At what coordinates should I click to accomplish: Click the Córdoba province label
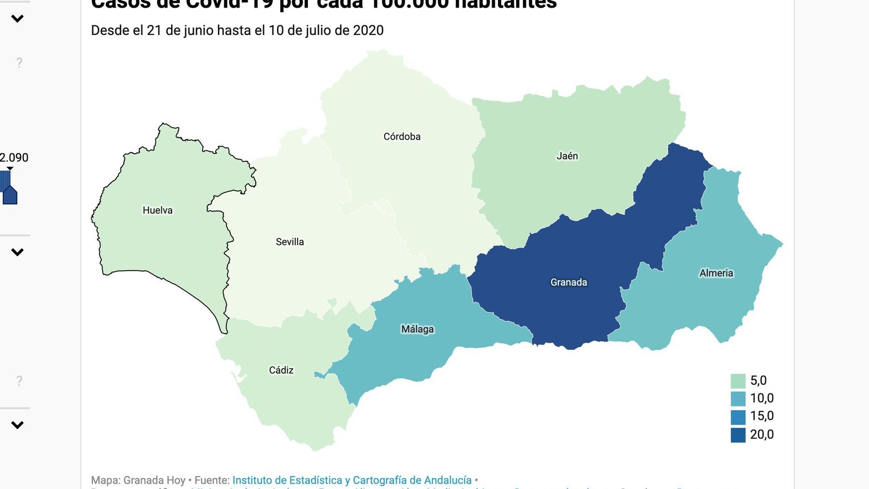402,136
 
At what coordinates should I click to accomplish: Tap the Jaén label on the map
567,156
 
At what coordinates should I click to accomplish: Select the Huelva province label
158,210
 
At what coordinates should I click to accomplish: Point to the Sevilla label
289,242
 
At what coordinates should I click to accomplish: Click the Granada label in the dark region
569,282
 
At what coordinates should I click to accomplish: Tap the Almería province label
716,273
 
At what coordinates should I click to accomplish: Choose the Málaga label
417,329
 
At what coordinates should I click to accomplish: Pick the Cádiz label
281,370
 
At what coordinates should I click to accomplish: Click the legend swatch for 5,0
738,381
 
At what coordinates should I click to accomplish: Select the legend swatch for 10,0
738,399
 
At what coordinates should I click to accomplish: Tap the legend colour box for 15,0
738,417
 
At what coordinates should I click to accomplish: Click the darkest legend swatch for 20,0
738,435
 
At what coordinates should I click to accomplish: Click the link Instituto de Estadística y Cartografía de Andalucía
352,480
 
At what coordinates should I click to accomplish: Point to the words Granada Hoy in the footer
154,480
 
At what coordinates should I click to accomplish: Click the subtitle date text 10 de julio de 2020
326,30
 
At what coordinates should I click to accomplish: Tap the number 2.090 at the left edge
14,158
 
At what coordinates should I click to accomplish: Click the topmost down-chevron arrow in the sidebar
17,19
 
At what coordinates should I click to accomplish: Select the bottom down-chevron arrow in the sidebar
17,425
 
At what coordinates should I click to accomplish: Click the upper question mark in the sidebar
19,63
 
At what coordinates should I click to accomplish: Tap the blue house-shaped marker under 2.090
10,195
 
